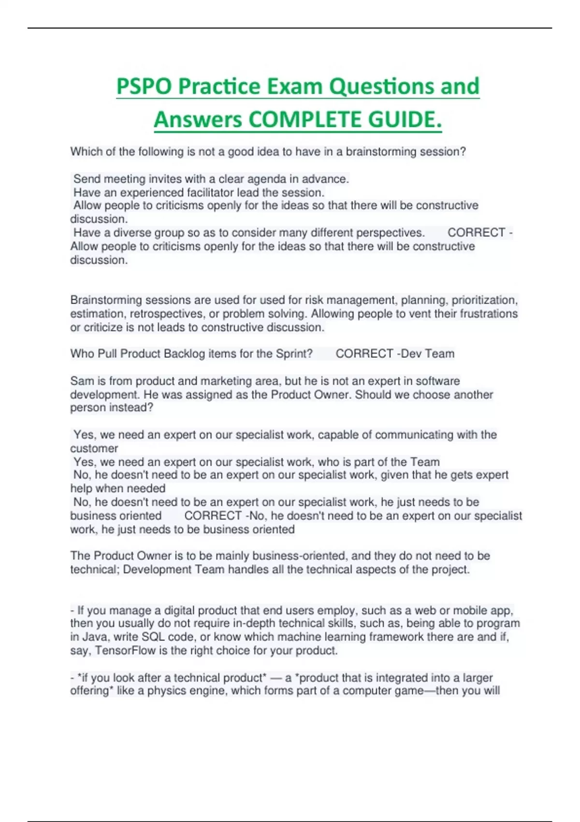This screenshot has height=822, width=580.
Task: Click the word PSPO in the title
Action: pos(144,87)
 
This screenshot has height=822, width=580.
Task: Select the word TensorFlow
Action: pos(125,650)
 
